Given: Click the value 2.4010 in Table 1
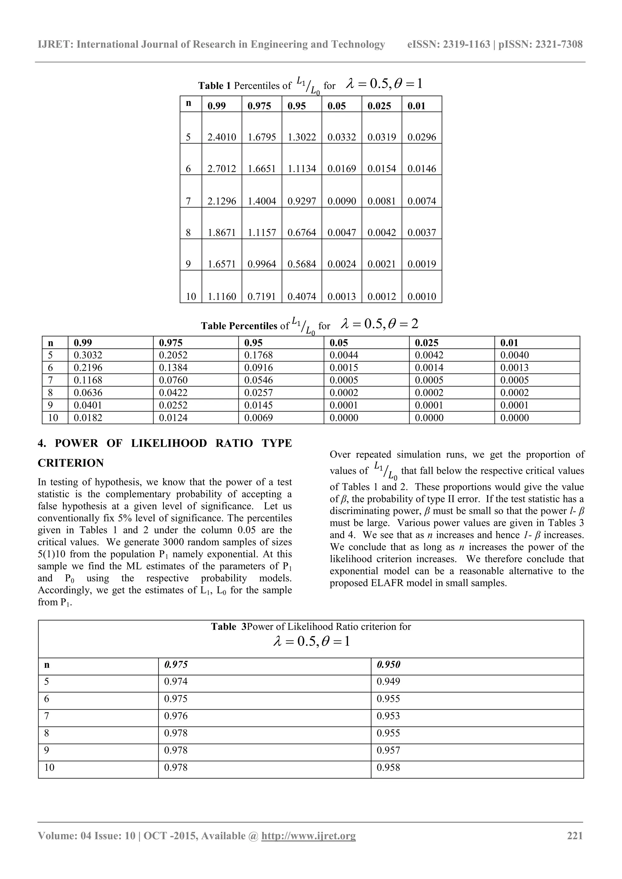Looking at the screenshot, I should (221, 137).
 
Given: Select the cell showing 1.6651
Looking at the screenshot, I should (261, 168).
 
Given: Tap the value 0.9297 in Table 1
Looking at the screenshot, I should (301, 201).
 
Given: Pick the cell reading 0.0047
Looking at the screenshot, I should (342, 232).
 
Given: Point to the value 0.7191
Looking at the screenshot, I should (261, 296).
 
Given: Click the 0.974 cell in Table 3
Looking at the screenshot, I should (176, 681).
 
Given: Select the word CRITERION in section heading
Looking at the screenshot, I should (71, 463).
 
